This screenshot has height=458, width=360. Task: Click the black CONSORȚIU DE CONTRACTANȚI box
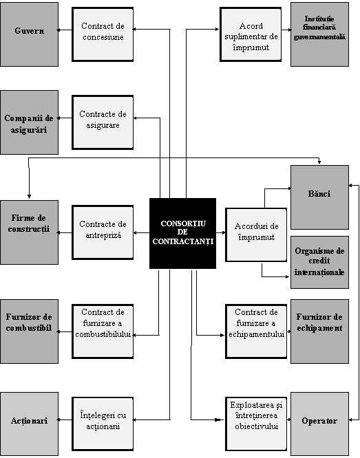tap(183, 233)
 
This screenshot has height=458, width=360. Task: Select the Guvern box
tap(29, 34)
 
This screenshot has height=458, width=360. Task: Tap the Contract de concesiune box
tap(103, 34)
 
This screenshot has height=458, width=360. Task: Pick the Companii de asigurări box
tap(29, 122)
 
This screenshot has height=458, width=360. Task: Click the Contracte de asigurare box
tap(103, 122)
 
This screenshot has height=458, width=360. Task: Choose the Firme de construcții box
tap(29, 232)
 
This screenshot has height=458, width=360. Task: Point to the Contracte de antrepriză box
tap(103, 232)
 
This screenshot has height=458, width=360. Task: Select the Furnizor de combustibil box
tap(29, 331)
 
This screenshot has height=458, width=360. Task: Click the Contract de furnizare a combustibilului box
tap(103, 331)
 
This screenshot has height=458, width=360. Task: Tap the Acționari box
tap(29, 424)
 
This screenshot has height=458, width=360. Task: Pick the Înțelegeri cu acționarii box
tap(103, 424)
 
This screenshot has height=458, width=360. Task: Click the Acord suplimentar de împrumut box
tap(251, 34)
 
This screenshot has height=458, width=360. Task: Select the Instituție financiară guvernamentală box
tap(319, 34)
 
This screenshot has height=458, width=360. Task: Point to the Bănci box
tap(319, 197)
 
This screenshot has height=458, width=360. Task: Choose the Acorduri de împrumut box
tap(256, 235)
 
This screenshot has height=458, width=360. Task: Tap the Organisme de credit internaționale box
tap(319, 262)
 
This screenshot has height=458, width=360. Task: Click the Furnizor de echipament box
tap(319, 331)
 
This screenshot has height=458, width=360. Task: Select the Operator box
tap(319, 424)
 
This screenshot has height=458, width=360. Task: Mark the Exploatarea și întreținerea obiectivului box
tap(256, 424)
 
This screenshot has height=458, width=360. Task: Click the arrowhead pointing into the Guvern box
tap(59, 30)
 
